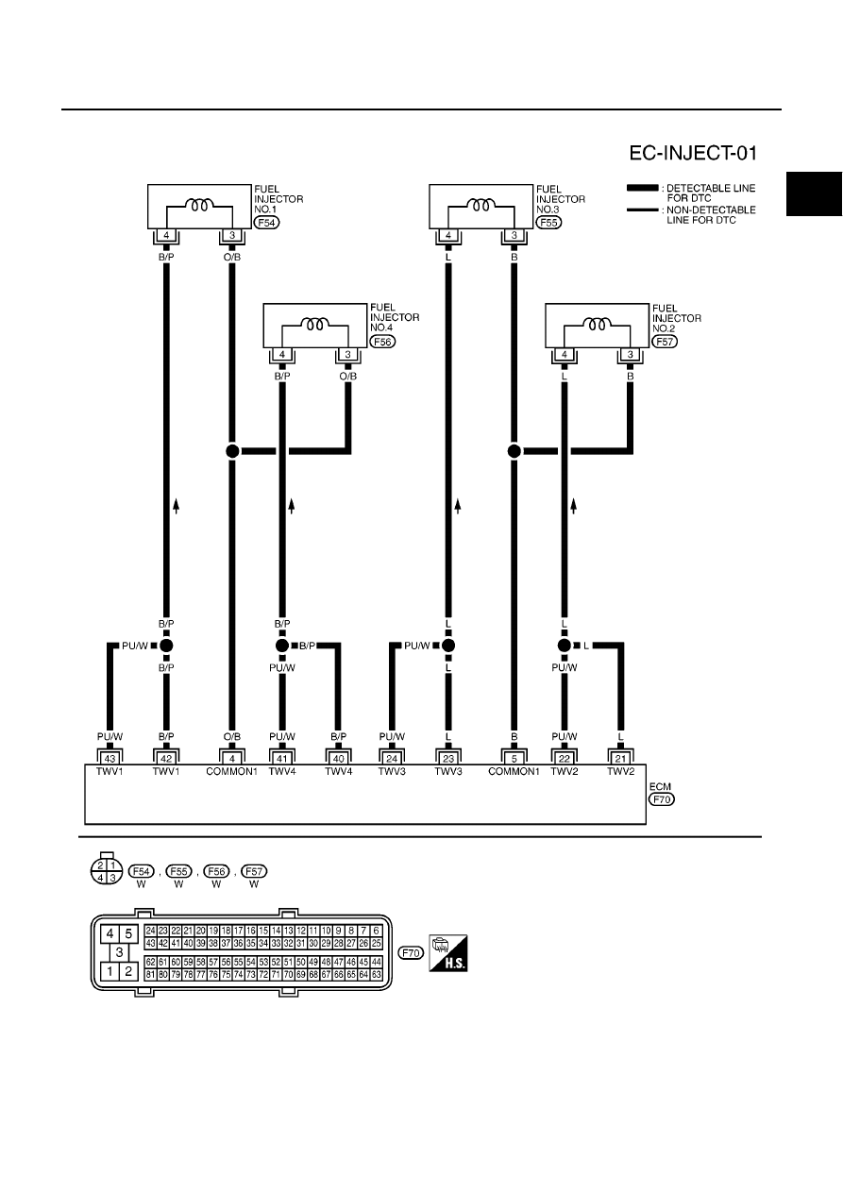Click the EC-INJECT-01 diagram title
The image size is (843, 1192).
click(x=692, y=153)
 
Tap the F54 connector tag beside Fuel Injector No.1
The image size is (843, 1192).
click(x=266, y=223)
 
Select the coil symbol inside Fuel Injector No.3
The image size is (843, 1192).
click(x=481, y=205)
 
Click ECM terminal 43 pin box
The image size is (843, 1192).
click(x=110, y=758)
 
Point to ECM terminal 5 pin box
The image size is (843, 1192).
click(x=514, y=758)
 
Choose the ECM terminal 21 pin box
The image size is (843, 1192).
click(x=620, y=758)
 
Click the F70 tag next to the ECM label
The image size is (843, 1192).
click(x=662, y=798)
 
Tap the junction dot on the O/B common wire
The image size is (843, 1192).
click(x=232, y=451)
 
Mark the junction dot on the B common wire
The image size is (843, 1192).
click(x=514, y=451)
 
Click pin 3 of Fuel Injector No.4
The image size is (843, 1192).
click(x=348, y=355)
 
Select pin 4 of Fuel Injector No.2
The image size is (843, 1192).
click(x=565, y=355)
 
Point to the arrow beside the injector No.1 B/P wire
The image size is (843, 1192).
click(x=177, y=506)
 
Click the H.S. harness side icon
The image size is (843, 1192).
click(x=448, y=953)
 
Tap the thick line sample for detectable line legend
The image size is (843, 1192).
click(x=642, y=188)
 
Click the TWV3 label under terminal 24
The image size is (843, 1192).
click(x=392, y=772)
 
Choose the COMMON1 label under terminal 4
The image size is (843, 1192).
click(x=231, y=772)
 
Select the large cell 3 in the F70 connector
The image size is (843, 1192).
click(x=119, y=952)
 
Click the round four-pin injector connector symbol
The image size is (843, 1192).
click(x=107, y=871)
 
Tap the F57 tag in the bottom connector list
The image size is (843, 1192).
click(x=254, y=871)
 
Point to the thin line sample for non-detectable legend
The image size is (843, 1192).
click(x=642, y=210)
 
